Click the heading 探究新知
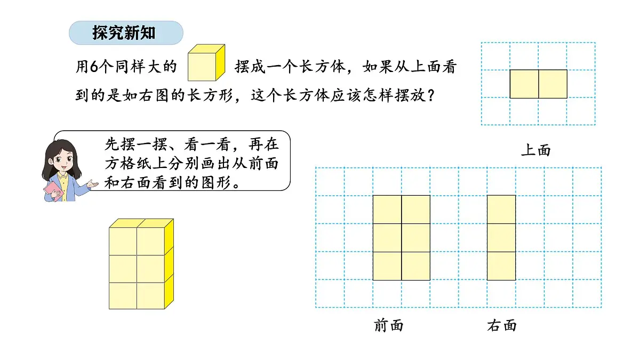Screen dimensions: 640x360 tap(124, 33)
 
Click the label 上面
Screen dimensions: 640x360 tap(535, 150)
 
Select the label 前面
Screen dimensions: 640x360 tap(389, 325)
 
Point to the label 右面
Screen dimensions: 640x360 tap(502, 325)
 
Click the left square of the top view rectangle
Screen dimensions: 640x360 tap(524, 84)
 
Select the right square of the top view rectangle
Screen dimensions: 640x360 tap(553, 84)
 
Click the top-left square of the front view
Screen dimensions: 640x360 tap(387, 210)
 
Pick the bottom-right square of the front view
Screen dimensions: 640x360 tap(415, 266)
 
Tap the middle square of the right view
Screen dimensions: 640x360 tap(501, 238)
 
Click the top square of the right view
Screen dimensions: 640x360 tap(501, 210)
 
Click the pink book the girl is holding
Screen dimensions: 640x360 tap(54, 191)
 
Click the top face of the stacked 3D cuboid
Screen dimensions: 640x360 tap(141, 223)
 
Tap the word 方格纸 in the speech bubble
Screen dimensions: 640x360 tap(137, 164)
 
